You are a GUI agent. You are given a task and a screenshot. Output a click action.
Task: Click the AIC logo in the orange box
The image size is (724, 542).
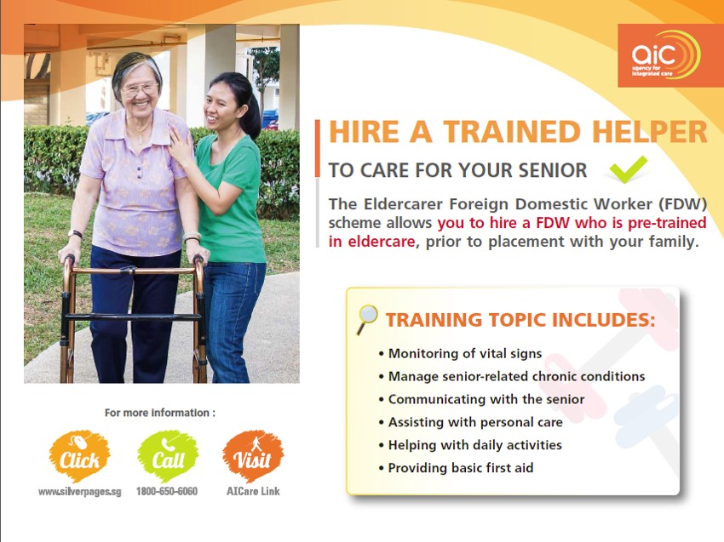pos(666,55)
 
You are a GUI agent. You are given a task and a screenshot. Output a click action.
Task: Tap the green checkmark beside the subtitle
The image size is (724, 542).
pos(628,170)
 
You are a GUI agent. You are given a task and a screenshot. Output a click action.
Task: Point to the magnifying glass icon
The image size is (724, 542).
pos(367,319)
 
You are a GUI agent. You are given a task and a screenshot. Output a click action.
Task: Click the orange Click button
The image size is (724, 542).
pos(79,456)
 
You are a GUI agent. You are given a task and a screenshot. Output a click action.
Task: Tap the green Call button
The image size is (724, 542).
pos(168,456)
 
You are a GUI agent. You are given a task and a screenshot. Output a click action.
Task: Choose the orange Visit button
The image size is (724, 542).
pos(253,456)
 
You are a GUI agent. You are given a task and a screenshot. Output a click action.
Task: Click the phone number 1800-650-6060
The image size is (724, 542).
pos(167,492)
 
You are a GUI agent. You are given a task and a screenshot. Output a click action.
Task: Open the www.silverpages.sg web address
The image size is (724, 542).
pos(79,492)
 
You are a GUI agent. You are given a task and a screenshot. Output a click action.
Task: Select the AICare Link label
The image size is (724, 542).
pos(253,492)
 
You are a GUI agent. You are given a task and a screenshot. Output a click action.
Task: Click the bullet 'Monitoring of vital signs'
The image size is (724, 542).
pos(460,354)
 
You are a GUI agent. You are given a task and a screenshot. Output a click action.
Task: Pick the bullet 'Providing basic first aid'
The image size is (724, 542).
pos(456,468)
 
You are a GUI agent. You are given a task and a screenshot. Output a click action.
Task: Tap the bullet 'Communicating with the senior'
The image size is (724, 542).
pos(481,399)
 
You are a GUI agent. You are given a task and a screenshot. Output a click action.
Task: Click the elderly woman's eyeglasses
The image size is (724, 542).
pos(140,88)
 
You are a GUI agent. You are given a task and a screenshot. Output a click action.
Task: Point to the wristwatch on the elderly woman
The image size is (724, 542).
pos(75,234)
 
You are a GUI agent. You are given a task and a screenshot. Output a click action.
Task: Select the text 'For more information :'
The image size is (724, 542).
pos(160,413)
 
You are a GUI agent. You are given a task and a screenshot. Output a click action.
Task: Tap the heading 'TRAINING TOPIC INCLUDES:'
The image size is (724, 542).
pos(520,320)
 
